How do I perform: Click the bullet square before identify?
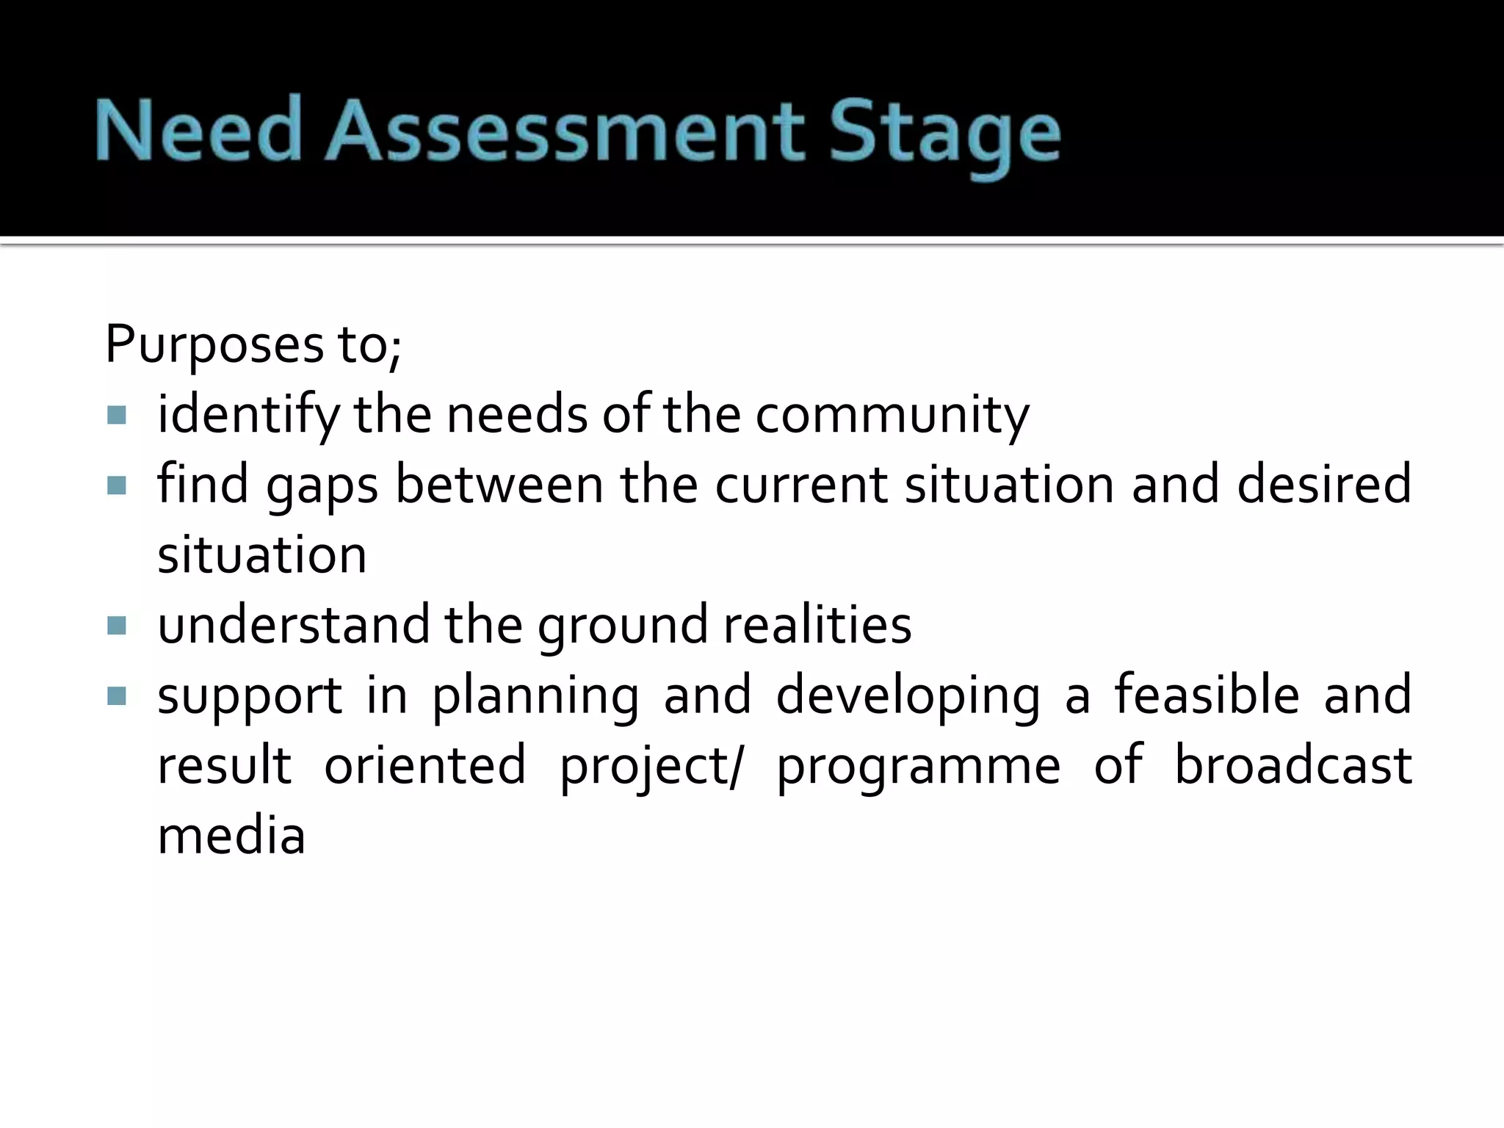(x=117, y=416)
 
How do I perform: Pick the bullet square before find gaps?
(x=117, y=485)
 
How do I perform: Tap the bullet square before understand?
(x=117, y=626)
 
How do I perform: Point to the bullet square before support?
(x=117, y=695)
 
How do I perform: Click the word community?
(x=892, y=416)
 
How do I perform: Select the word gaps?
(x=322, y=486)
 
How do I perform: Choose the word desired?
(x=1323, y=485)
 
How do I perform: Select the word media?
(x=231, y=836)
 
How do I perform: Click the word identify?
(x=248, y=416)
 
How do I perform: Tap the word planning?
(x=535, y=696)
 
